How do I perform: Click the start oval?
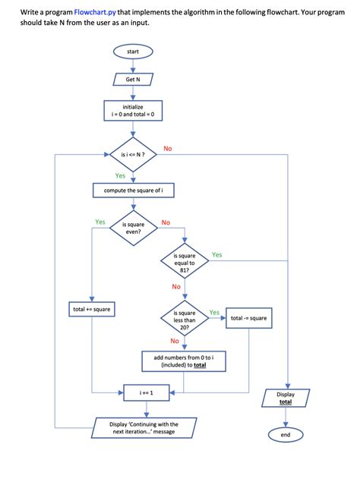coord(133,52)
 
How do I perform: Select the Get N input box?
coord(133,79)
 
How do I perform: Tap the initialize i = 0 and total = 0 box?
coord(133,111)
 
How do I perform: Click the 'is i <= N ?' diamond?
coord(133,154)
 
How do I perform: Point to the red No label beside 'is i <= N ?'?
coord(168,148)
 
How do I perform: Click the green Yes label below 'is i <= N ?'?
coord(120,175)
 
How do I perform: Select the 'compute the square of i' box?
coord(133,190)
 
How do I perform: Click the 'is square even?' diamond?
coord(133,229)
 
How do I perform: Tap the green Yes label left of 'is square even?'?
coord(99,222)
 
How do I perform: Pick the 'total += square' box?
coord(91,310)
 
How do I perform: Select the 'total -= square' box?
coord(248,318)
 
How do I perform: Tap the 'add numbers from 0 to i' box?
coord(185,361)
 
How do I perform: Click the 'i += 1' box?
coord(147,392)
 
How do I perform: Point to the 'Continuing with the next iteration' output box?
coord(144,428)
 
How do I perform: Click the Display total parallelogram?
coord(286,398)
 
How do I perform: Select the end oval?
coord(286,435)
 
